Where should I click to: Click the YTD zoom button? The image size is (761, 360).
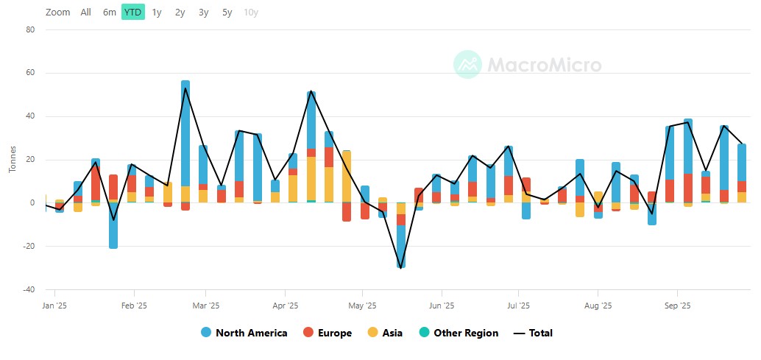point(133,12)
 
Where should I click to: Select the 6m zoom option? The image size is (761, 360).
point(110,12)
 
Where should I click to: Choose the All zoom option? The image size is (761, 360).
point(86,12)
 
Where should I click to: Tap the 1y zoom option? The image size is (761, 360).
point(157,12)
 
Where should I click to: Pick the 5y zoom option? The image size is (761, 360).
point(227,12)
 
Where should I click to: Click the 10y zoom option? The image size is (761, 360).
point(251,12)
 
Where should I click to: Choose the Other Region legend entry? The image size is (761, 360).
point(459,333)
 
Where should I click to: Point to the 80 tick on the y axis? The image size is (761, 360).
point(31,30)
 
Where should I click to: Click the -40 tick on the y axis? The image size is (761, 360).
point(29,290)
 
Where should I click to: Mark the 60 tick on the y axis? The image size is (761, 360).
point(31,74)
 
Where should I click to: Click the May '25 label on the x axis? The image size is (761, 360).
point(362,305)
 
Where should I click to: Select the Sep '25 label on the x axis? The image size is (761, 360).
point(677,305)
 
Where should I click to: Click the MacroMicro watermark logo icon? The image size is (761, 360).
point(467,65)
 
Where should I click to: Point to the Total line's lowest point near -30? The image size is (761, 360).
point(400,268)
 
